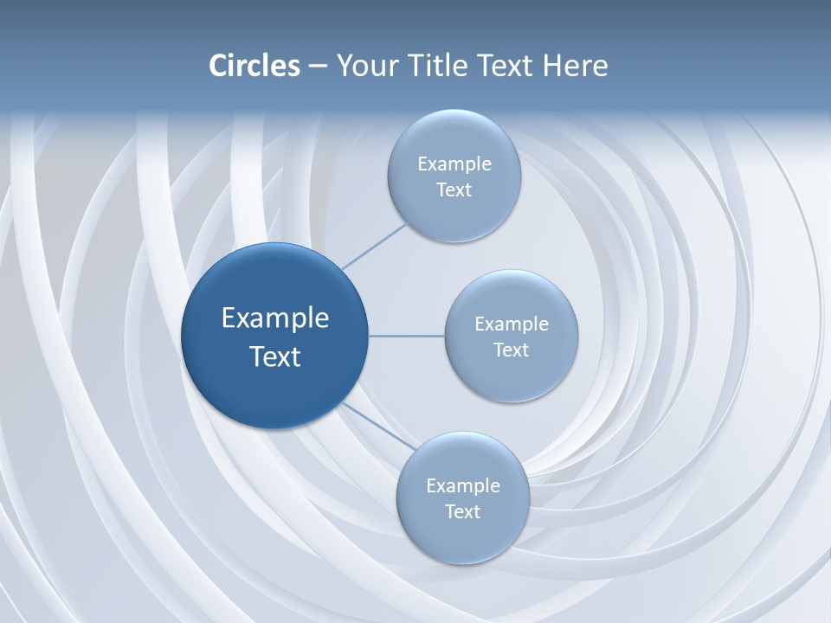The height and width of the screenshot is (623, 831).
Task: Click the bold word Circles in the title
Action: [x=254, y=66]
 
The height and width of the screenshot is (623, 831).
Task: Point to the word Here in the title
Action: [x=576, y=66]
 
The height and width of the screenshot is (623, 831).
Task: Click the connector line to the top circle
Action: [x=374, y=246]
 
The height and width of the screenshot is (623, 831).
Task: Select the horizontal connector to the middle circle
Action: [x=406, y=336]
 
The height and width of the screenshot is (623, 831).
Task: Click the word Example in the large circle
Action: [x=275, y=318]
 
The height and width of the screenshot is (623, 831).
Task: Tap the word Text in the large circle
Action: [x=275, y=356]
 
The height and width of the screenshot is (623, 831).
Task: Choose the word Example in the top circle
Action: [x=454, y=164]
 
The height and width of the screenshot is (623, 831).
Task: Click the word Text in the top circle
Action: [x=454, y=190]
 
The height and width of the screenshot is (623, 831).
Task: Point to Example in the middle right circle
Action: [x=512, y=324]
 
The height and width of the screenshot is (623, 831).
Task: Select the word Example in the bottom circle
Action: [x=463, y=486]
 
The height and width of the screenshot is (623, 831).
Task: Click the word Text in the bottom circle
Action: [x=462, y=512]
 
